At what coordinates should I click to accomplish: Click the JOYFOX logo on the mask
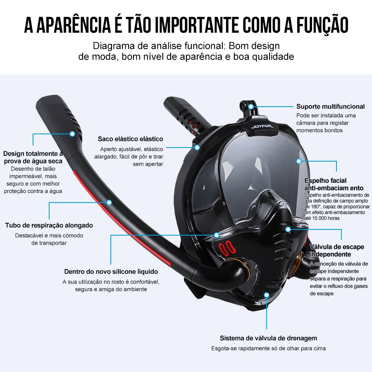click(262, 127)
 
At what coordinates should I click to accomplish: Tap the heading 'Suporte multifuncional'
click(331, 107)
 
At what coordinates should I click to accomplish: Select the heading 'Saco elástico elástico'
click(131, 139)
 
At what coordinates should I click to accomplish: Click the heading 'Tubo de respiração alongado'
click(49, 225)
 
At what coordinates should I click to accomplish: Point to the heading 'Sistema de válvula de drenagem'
click(268, 338)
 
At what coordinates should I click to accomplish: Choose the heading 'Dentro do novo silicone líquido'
click(111, 272)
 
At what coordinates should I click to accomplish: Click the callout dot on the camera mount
click(251, 107)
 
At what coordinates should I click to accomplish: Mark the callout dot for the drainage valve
click(267, 295)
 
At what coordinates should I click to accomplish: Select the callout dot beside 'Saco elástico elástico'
click(197, 147)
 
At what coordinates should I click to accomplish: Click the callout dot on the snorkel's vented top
click(72, 134)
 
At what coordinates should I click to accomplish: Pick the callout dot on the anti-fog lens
click(299, 161)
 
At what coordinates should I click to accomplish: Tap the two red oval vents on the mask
click(227, 248)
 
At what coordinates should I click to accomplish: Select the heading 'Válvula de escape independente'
click(337, 250)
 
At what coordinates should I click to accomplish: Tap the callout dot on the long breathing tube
click(109, 203)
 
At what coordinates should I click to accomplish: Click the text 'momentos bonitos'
click(320, 130)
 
